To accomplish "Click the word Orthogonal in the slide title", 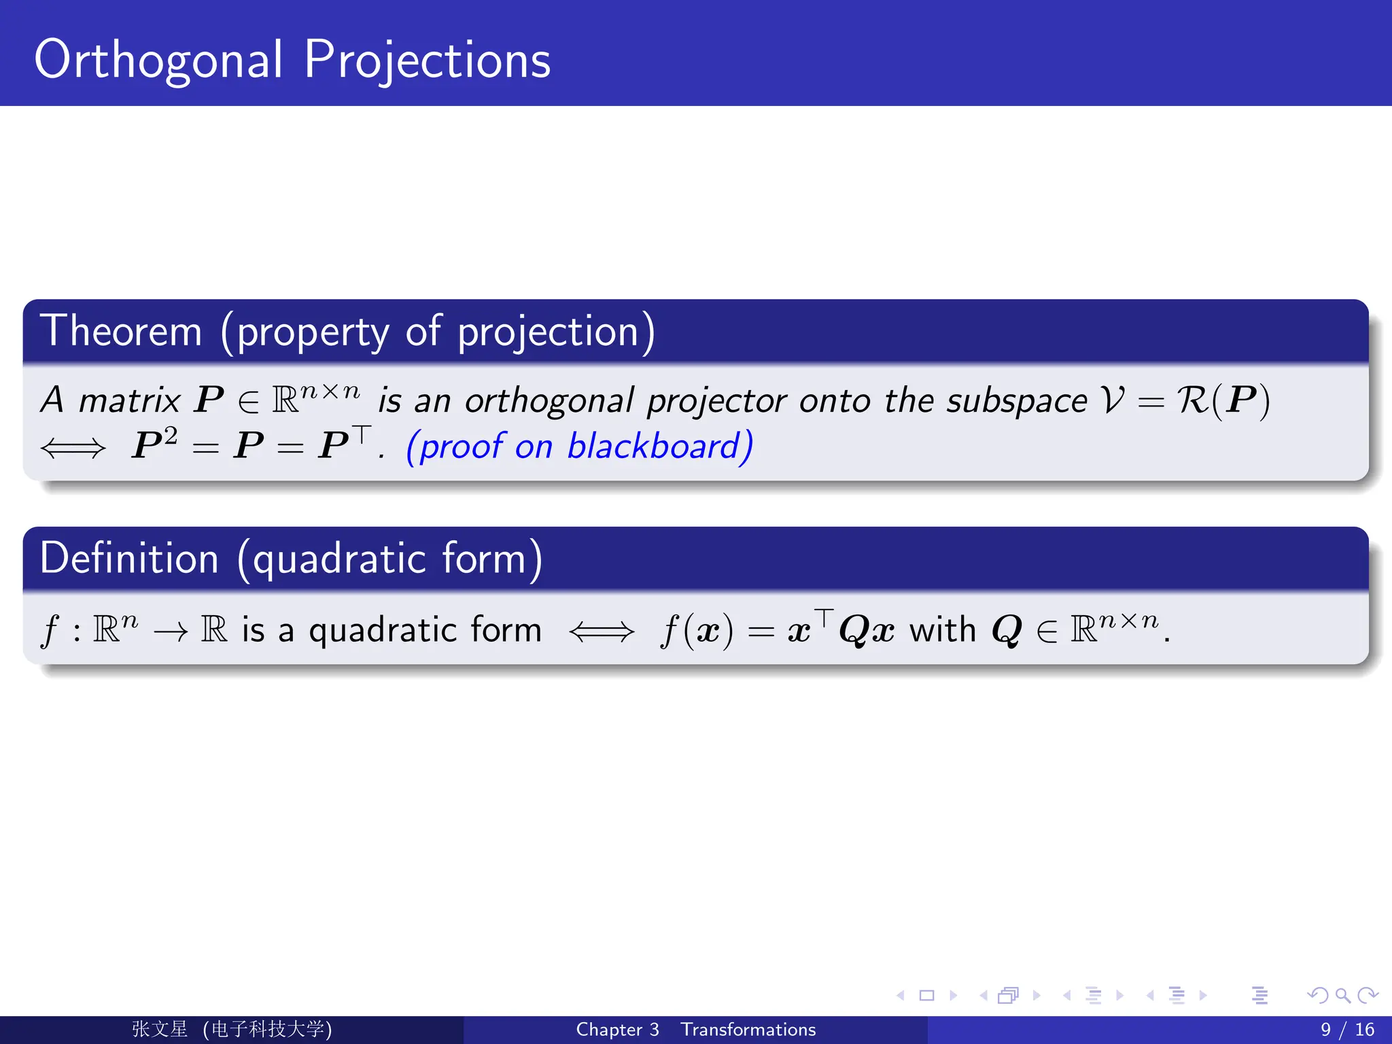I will click(x=158, y=61).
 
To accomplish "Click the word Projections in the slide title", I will click(x=427, y=61).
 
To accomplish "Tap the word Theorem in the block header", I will click(x=121, y=332).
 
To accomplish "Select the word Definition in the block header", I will click(x=129, y=559).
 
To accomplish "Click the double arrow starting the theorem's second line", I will click(x=73, y=448).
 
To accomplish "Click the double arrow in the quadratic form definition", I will click(x=602, y=631).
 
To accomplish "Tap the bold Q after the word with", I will click(x=1007, y=630).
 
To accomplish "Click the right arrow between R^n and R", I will click(x=170, y=632).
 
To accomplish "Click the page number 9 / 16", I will click(x=1346, y=1030).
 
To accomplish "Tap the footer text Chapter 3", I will click(x=617, y=1030).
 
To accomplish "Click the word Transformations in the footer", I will click(x=748, y=1030).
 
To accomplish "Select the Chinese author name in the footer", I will click(x=160, y=1029).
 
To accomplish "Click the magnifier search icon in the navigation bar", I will click(x=1342, y=996).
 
